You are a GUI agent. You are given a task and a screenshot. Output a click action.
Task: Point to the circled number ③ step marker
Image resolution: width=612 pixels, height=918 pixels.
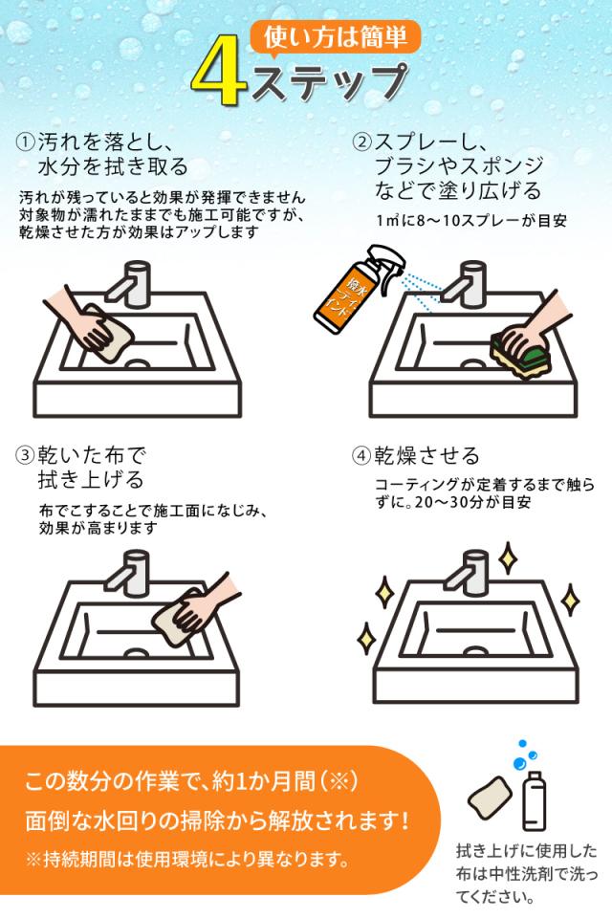[x=26, y=455]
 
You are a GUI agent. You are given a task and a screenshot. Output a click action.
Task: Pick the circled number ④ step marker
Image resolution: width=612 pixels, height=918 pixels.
[x=362, y=455]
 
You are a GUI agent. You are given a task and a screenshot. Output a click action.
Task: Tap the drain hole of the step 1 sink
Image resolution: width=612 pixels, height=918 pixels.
[x=139, y=364]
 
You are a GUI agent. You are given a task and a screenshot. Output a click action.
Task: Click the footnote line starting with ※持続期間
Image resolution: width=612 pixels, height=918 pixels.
[x=186, y=857]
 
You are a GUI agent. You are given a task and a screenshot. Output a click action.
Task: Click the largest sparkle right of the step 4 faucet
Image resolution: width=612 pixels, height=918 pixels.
[x=508, y=557]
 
